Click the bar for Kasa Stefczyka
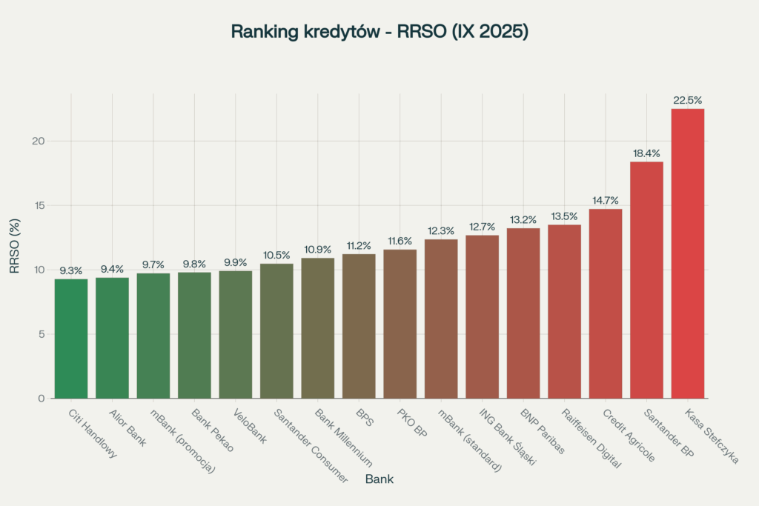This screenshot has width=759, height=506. click(x=687, y=253)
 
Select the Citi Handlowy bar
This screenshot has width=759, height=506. click(x=71, y=338)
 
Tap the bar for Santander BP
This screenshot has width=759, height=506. click(x=646, y=279)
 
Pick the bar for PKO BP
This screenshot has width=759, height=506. click(x=400, y=324)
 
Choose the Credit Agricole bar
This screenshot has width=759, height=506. click(x=605, y=303)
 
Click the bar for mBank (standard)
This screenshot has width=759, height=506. click(x=441, y=319)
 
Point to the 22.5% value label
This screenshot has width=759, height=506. click(x=687, y=100)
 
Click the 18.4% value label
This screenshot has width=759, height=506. click(x=646, y=153)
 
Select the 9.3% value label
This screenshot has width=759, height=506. click(x=71, y=270)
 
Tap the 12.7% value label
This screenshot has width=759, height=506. click(x=482, y=227)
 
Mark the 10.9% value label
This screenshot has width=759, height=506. click(x=317, y=250)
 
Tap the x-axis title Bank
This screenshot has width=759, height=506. click(x=379, y=479)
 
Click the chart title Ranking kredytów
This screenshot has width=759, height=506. click(x=379, y=32)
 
